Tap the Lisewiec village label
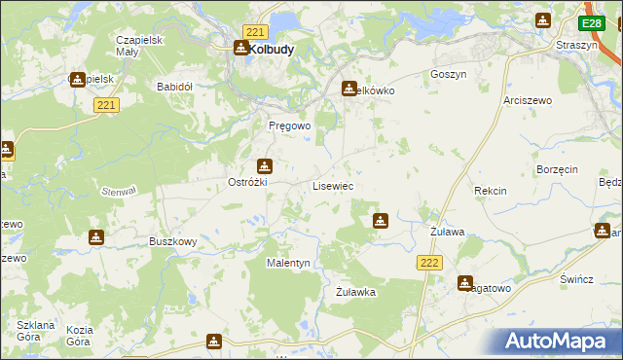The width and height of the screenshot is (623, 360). [x=332, y=185]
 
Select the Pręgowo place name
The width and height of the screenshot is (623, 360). [x=289, y=126]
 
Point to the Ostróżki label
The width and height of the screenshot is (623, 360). [x=247, y=182]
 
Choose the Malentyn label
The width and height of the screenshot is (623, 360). [x=288, y=263]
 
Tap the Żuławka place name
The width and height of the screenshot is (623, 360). [x=355, y=291]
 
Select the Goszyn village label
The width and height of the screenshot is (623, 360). [x=449, y=74]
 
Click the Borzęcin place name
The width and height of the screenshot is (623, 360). [x=557, y=168]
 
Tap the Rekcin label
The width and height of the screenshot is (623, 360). [x=490, y=191]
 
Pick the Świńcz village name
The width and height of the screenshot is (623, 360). [x=576, y=279]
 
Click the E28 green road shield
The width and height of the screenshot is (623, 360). [x=591, y=23]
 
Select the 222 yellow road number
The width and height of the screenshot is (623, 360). [x=430, y=263]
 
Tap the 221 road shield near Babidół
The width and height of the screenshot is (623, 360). [x=107, y=104]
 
